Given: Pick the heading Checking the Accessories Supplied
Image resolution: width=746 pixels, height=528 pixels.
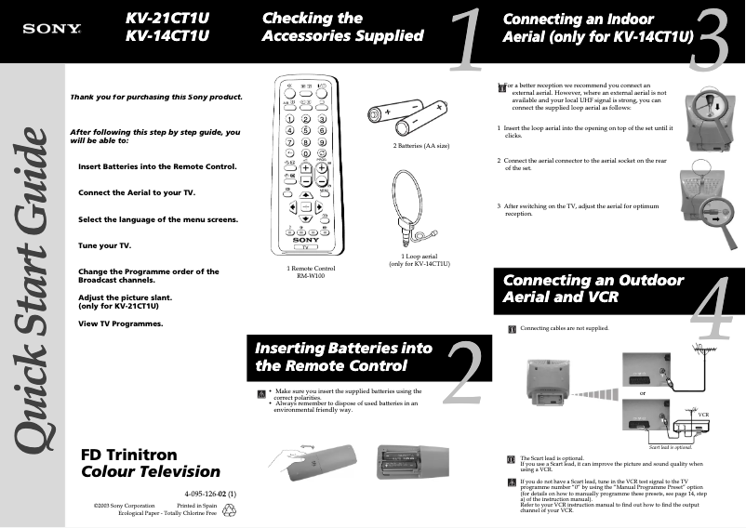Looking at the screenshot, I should [x=342, y=27].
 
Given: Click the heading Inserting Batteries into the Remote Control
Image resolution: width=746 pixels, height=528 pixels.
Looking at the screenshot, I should [x=344, y=357].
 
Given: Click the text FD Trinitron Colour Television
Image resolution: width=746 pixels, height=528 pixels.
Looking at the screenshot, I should [x=151, y=463].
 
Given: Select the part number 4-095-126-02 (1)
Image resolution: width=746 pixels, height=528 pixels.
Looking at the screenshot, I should [x=210, y=493].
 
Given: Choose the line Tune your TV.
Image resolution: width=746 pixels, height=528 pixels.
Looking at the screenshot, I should [x=105, y=245].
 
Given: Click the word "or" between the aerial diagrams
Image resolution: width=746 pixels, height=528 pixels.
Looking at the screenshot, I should [x=642, y=394].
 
